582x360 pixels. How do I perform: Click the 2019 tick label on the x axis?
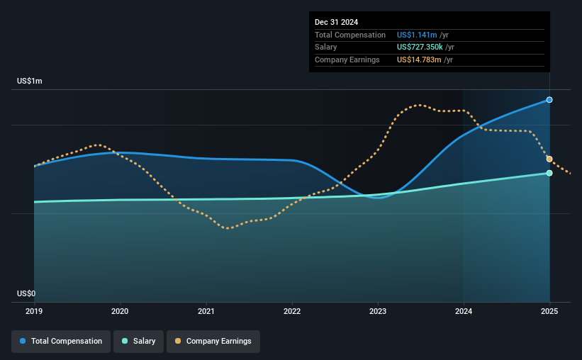[x=34, y=311]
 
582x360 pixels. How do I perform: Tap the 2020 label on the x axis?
[x=120, y=311]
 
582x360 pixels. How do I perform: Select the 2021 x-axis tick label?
[x=206, y=311]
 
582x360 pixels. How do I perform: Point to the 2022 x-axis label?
[x=292, y=311]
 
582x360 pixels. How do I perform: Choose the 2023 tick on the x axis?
[x=378, y=311]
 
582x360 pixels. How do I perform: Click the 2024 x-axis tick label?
[x=464, y=311]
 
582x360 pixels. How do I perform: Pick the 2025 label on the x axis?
[x=549, y=311]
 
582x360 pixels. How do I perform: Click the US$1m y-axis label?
[x=30, y=81]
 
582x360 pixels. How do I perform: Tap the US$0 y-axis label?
[x=26, y=293]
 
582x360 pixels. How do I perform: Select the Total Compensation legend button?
[x=61, y=342]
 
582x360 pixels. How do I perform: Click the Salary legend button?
[x=138, y=342]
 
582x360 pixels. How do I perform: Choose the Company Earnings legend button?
[x=213, y=342]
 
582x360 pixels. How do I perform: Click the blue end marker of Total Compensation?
[x=549, y=100]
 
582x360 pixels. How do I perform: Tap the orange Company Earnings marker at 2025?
[x=549, y=159]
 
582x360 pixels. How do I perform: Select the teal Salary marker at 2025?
[x=549, y=173]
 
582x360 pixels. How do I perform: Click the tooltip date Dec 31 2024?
[x=336, y=22]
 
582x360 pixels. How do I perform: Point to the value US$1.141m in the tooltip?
[x=417, y=35]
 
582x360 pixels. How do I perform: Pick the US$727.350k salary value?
[x=420, y=47]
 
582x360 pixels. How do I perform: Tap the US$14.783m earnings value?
[x=419, y=60]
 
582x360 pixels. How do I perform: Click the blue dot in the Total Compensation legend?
[x=23, y=341]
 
